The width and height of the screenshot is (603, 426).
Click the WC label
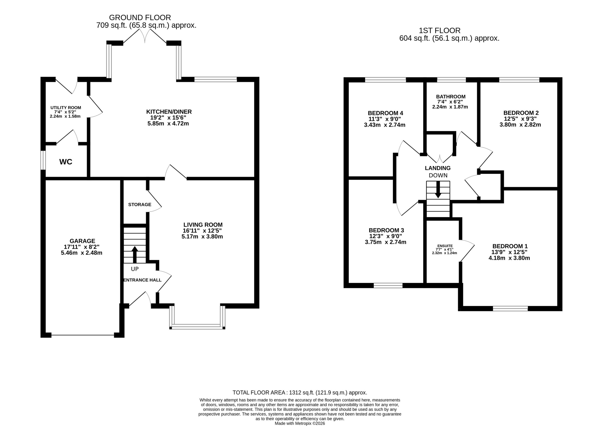(66, 162)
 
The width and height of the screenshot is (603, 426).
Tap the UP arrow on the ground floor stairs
(135, 255)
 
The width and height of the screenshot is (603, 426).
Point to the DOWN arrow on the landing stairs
(438, 189)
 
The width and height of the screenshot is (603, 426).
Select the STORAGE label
(140, 204)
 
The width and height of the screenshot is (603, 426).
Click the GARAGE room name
(82, 241)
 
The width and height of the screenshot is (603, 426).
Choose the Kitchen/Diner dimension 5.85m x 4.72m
(168, 123)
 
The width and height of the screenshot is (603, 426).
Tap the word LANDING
(438, 168)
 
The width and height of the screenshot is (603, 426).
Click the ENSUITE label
(445, 246)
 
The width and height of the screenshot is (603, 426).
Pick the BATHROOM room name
(451, 96)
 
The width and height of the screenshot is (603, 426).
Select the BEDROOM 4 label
(385, 113)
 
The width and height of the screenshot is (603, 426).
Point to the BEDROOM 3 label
(386, 230)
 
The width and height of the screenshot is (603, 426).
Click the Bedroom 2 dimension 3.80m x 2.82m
(520, 125)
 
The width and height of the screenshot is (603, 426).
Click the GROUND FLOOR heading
(140, 18)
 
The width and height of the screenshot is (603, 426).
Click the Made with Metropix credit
(300, 423)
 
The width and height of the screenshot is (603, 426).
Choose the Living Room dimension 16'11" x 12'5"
(203, 231)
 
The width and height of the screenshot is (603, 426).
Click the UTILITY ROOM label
(66, 107)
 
